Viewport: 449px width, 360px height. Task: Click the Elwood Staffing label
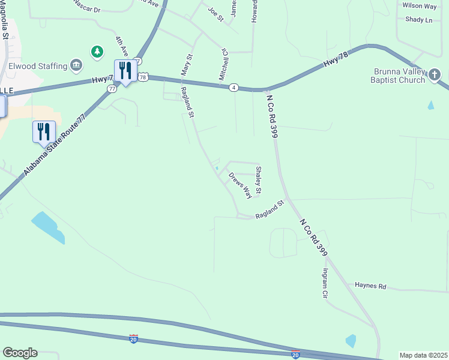tap(36, 64)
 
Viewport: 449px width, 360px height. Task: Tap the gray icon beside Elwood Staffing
tap(76, 64)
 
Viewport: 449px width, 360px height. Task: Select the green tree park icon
tap(97, 52)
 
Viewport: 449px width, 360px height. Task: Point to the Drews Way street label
tap(240, 185)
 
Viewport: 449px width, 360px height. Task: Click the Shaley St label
tap(259, 181)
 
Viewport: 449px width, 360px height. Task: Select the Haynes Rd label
tap(370, 286)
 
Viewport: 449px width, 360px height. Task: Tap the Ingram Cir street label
tap(325, 284)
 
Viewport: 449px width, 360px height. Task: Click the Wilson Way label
tap(420, 6)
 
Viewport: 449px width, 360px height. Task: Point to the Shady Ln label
tap(418, 20)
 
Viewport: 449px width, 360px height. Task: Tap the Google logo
tap(20, 353)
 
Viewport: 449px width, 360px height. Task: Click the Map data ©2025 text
tap(423, 355)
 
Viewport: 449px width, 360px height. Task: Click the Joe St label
tap(215, 15)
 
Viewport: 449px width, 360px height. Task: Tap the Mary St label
tap(187, 65)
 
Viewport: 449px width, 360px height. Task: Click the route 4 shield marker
tap(234, 88)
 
